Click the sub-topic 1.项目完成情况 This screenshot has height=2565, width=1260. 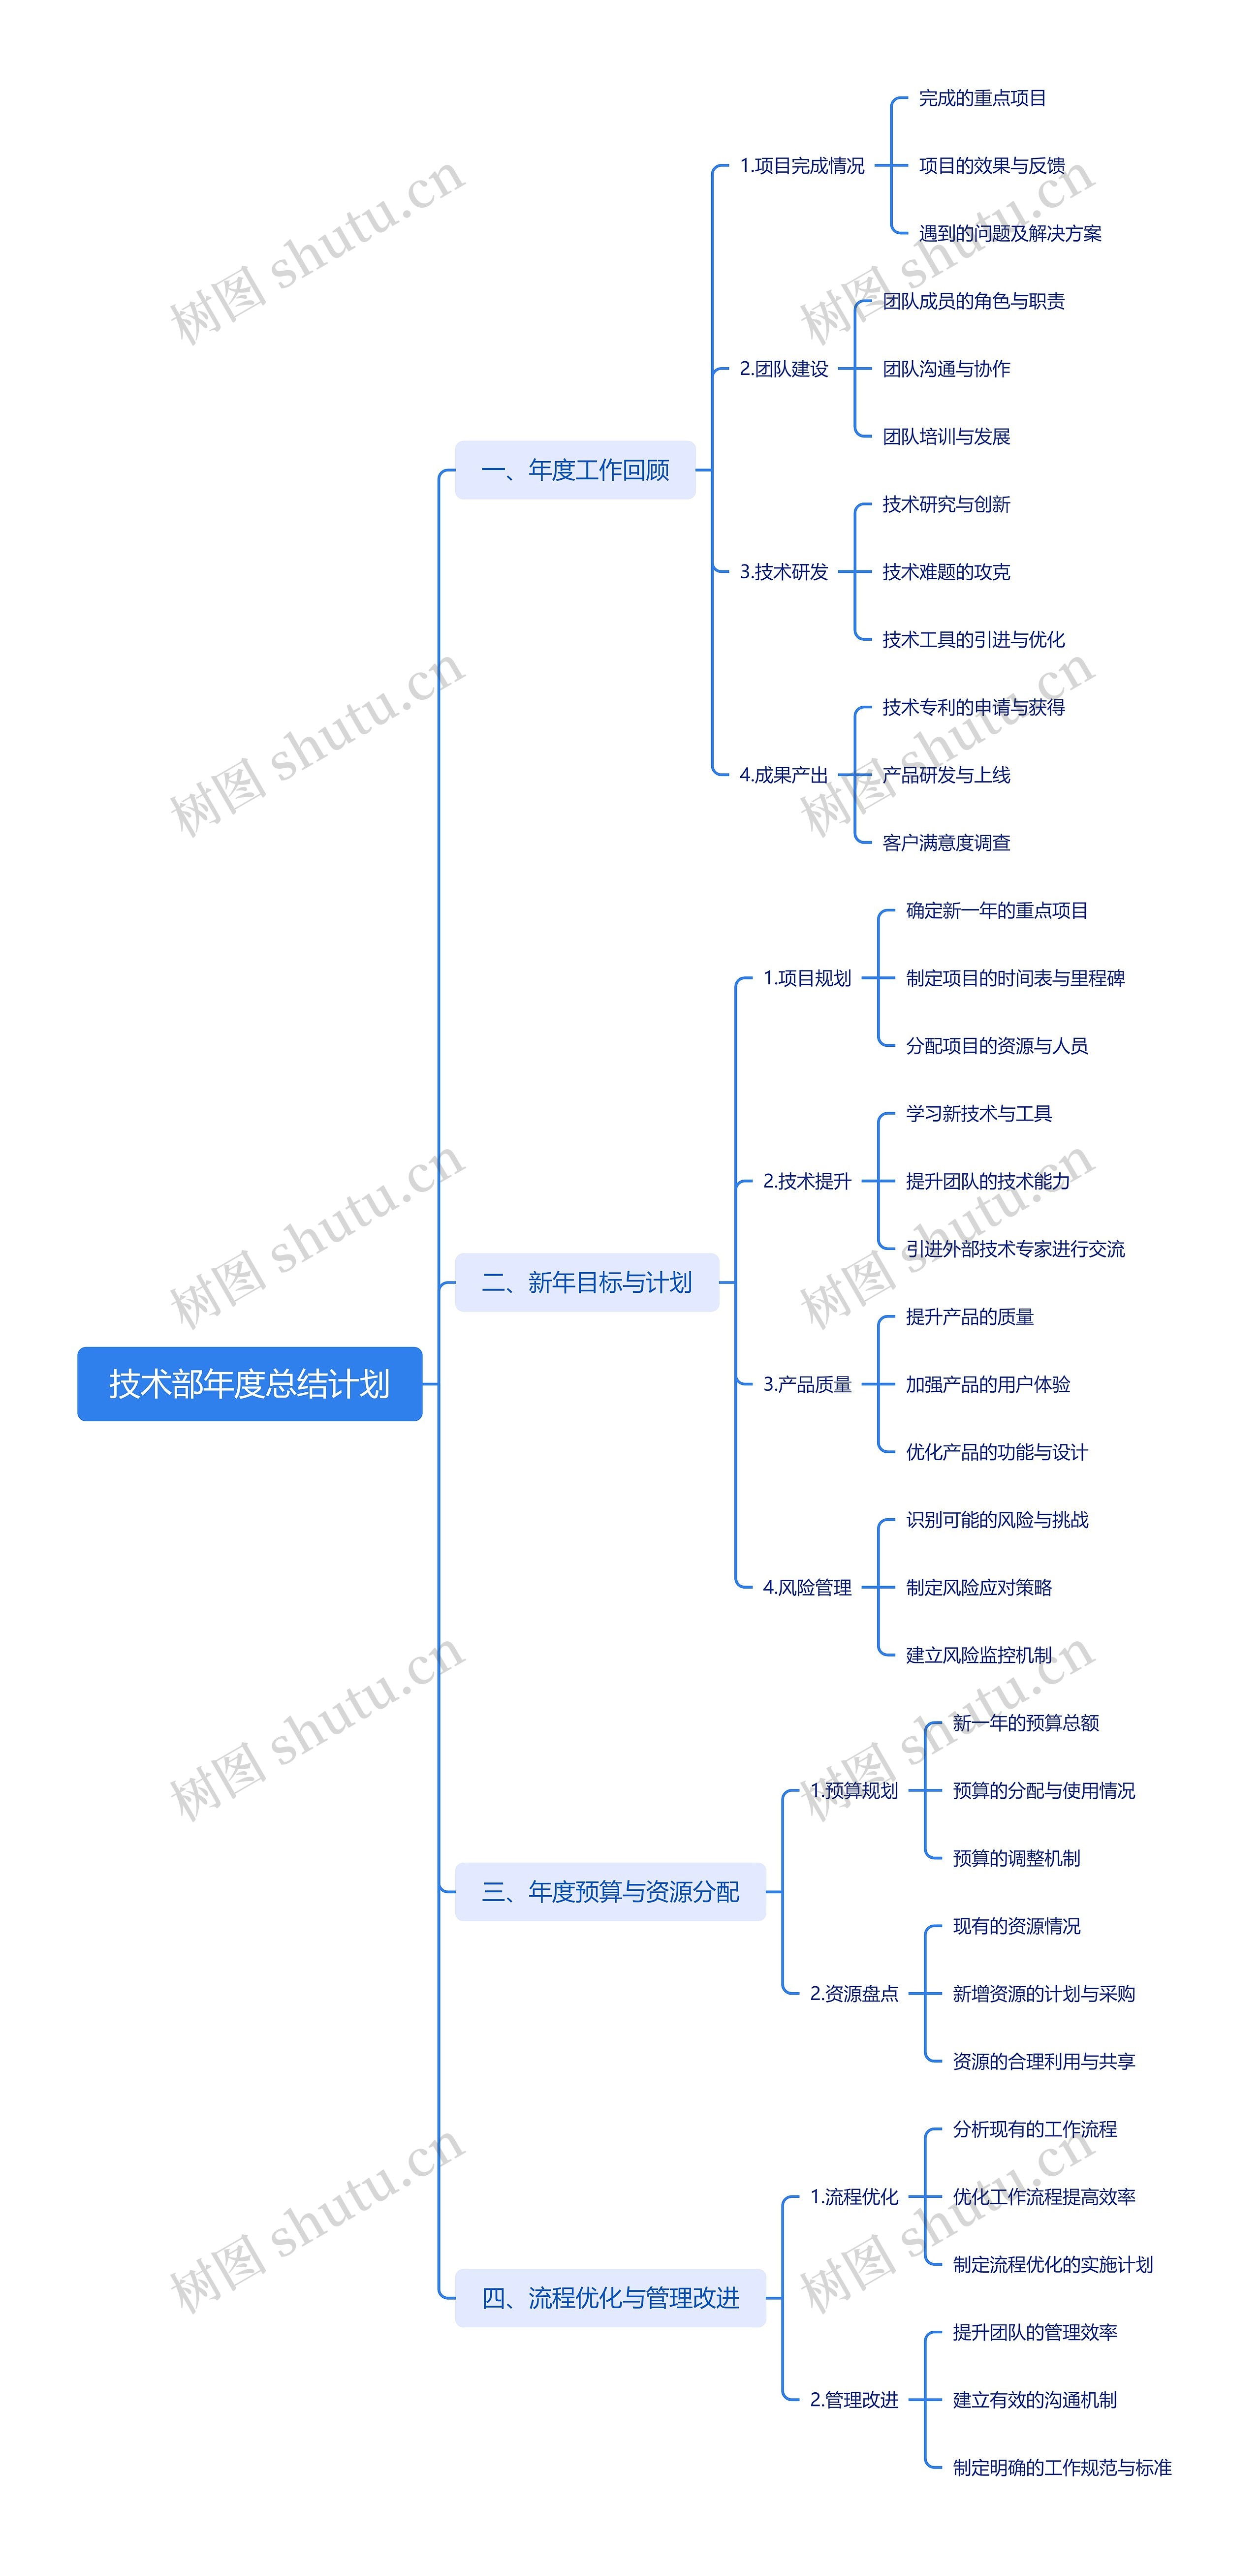click(x=802, y=165)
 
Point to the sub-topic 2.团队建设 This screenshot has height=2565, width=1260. click(x=784, y=369)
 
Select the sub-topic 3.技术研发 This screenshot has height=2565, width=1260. click(x=784, y=571)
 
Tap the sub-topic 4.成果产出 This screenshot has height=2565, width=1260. click(x=784, y=775)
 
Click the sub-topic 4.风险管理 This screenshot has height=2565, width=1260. click(x=807, y=1587)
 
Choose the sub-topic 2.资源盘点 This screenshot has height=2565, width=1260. click(x=853, y=1994)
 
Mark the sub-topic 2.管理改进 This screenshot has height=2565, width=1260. click(x=853, y=2400)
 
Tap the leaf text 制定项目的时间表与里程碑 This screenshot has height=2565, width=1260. click(x=1015, y=978)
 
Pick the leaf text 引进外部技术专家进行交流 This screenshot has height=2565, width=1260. click(x=1015, y=1249)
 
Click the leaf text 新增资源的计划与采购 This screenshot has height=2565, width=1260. click(x=1043, y=1994)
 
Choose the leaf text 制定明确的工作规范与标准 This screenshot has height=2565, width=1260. click(x=1062, y=2468)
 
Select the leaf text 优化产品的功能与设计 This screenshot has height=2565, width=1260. click(x=996, y=1452)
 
